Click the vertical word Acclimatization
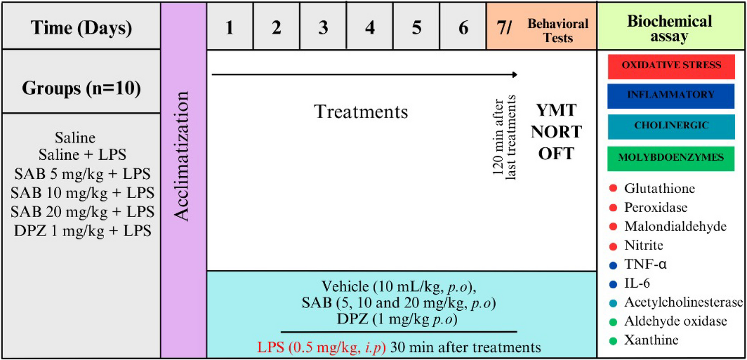(183, 155)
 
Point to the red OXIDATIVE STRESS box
(671, 67)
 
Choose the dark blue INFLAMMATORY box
(671, 96)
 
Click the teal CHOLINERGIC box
(671, 126)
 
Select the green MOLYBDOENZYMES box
(671, 158)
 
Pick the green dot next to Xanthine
(613, 341)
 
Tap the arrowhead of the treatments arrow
(514, 75)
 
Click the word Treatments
(361, 112)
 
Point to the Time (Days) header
(82, 28)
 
